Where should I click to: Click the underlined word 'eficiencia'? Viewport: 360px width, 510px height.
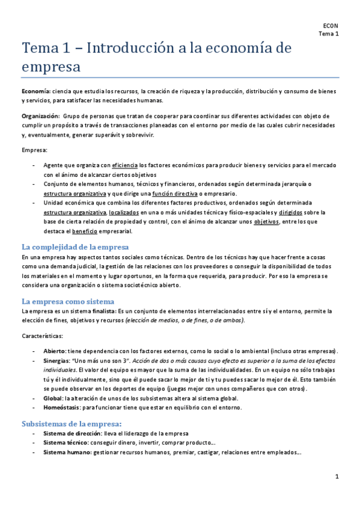[124, 165]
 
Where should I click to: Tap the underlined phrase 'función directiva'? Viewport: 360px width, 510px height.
[174, 193]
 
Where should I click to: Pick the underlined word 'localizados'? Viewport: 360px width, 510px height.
[124, 212]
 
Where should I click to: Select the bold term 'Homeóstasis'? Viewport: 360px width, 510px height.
[61, 408]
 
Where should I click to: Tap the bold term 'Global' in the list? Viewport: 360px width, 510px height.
[53, 398]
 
